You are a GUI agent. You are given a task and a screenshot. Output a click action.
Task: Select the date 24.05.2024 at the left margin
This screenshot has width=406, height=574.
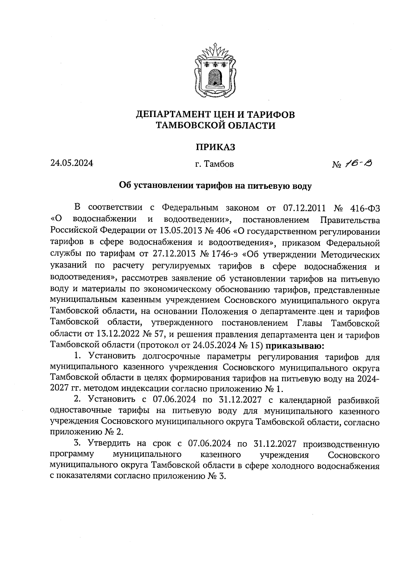pyautogui.click(x=72, y=163)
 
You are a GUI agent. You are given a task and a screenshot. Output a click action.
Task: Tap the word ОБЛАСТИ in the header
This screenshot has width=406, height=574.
pyautogui.click(x=250, y=126)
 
